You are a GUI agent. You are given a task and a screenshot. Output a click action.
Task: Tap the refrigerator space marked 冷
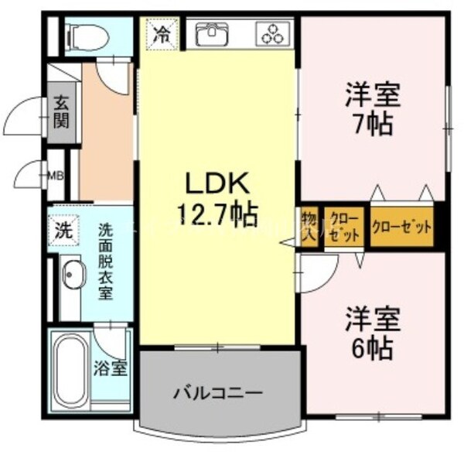click(x=162, y=34)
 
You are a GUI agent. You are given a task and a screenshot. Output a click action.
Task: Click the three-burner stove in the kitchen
click(x=274, y=34)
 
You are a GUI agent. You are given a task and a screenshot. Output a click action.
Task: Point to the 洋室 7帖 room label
click(x=372, y=110)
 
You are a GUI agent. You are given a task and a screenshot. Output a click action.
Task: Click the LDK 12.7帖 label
click(x=216, y=197)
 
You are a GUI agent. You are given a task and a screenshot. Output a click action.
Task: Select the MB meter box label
click(x=56, y=175)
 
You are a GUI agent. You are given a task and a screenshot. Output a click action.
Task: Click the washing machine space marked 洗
click(x=63, y=229)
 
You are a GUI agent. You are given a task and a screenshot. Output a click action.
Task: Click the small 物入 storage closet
click(x=308, y=225)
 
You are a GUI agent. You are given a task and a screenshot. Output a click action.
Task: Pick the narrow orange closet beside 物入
click(x=342, y=226)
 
